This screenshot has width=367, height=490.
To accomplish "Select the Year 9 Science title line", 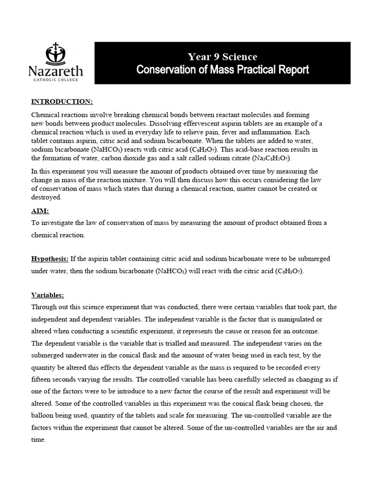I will pos(222,57).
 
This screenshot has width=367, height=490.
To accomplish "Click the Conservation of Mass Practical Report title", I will pos(222,70).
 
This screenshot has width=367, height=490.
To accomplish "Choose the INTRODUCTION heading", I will pos(62,102).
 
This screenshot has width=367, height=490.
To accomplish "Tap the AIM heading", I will pos(40,211).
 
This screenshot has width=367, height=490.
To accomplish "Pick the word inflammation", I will pos(271,132).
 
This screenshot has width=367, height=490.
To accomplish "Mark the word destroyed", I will pos(46,197).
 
